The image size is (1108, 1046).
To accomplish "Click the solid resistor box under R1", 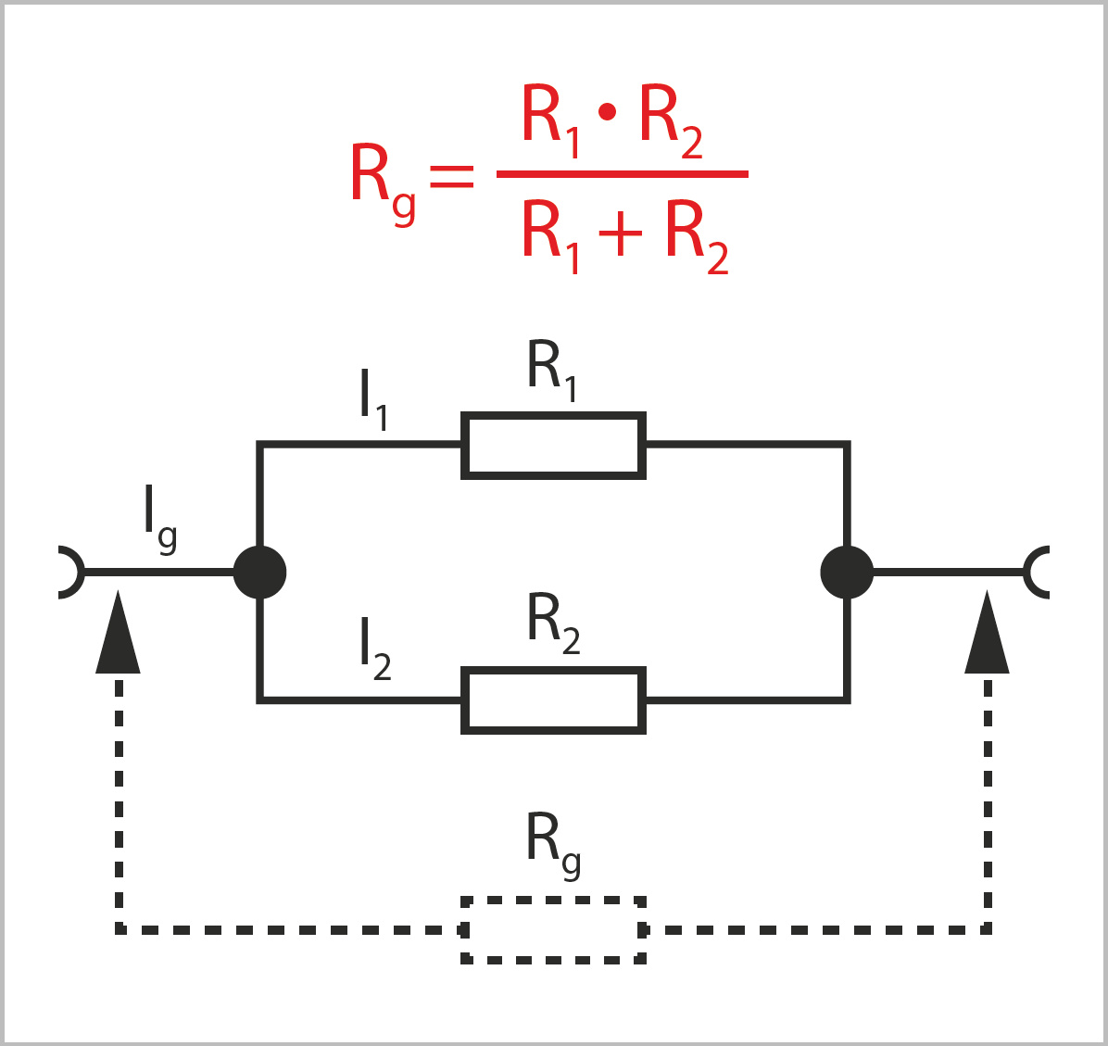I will [553, 446].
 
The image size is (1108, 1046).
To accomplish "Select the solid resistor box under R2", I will [553, 700].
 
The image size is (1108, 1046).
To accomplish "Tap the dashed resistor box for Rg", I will [553, 929].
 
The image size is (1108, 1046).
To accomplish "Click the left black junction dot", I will [259, 573].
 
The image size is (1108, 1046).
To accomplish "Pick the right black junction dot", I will [847, 573].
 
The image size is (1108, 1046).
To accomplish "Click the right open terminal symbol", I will [1038, 573].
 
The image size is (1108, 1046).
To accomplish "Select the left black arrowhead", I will [118, 635].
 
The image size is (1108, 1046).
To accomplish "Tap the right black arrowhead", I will [987, 635].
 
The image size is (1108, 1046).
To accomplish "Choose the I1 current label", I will [373, 401].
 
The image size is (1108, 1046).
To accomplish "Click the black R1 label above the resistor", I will [552, 371].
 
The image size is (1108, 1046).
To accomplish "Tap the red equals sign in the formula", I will [452, 175].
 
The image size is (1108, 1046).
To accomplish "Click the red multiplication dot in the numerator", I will [608, 113].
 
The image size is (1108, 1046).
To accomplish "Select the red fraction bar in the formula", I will [622, 173].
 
